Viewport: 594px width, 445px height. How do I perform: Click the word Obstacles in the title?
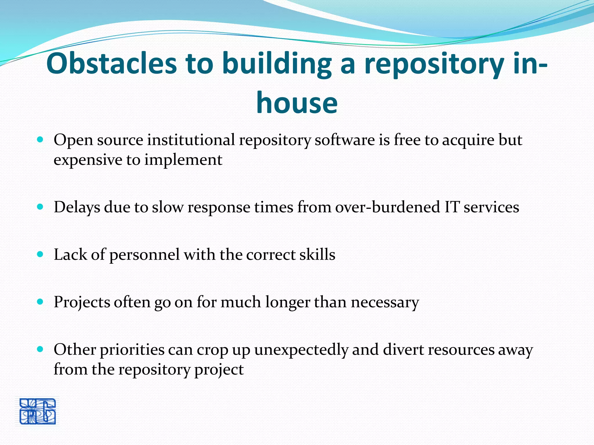(111, 63)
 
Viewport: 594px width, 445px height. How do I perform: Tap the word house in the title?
(297, 103)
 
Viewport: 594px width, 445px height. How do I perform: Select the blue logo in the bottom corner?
(37, 411)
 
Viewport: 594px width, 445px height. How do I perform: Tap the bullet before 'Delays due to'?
(40, 207)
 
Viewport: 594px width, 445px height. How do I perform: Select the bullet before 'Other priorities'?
(40, 349)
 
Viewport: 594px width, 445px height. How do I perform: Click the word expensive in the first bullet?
(88, 160)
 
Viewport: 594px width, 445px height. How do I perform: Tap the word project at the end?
(219, 370)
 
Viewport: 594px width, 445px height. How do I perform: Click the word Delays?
(77, 207)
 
